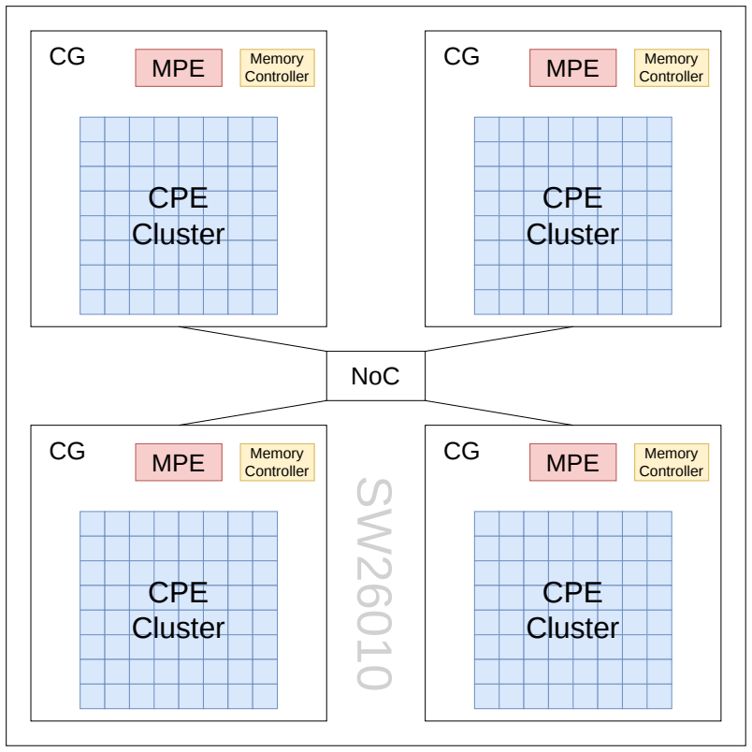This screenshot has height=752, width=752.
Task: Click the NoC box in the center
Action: pyautogui.click(x=375, y=375)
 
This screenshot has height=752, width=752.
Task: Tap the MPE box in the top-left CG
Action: pyautogui.click(x=179, y=67)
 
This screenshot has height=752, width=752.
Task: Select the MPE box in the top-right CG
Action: pyautogui.click(x=572, y=67)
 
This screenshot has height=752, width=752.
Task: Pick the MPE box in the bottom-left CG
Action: pyautogui.click(x=179, y=462)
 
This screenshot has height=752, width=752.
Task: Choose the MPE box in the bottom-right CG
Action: pyautogui.click(x=572, y=462)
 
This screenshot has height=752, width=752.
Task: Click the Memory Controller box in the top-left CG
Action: pyautogui.click(x=277, y=67)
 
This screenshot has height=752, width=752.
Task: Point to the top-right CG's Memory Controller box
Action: pyautogui.click(x=672, y=67)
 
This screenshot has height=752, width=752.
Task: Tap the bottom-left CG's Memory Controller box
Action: pyautogui.click(x=277, y=462)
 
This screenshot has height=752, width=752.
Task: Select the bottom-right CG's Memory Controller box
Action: pyautogui.click(x=672, y=462)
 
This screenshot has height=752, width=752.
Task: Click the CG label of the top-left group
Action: pyautogui.click(x=67, y=57)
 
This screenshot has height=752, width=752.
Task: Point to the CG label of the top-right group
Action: pyautogui.click(x=461, y=57)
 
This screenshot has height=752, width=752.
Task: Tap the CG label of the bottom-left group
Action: pyautogui.click(x=67, y=451)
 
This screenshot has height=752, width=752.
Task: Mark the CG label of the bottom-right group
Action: pyautogui.click(x=461, y=451)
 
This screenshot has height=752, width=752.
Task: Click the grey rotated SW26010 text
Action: pyautogui.click(x=374, y=584)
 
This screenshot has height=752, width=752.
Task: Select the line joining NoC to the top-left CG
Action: pyautogui.click(x=253, y=340)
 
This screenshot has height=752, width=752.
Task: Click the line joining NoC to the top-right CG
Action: pyautogui.click(x=499, y=340)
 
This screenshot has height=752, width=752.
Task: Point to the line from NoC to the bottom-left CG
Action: pyautogui.click(x=253, y=412)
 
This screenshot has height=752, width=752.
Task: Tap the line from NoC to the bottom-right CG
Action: pyautogui.click(x=499, y=412)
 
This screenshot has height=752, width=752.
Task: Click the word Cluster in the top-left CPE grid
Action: pyautogui.click(x=179, y=234)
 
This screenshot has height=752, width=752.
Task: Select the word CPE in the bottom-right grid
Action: pyautogui.click(x=572, y=592)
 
